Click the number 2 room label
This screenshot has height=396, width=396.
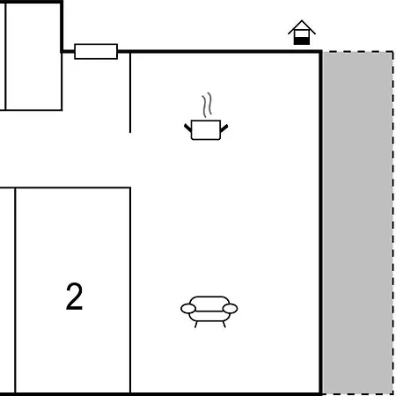[x=74, y=297]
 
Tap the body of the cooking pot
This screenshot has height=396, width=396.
[x=206, y=129]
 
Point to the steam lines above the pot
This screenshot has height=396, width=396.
[x=207, y=105]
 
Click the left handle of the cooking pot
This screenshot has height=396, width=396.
[x=187, y=128]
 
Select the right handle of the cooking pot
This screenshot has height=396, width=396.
[x=224, y=128]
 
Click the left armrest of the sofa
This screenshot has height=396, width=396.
[x=188, y=309]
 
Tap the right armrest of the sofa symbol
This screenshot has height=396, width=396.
[x=230, y=309]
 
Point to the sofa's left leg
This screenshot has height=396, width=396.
[x=196, y=324]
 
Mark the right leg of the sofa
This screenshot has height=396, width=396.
[x=224, y=324]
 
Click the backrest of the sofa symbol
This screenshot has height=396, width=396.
[x=209, y=300]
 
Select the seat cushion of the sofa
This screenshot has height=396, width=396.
[x=209, y=316]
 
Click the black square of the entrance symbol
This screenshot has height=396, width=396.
[x=302, y=41]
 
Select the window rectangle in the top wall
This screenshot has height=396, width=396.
[x=96, y=52]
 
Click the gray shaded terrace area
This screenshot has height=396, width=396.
[x=357, y=223]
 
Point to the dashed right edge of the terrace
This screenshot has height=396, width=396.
[x=392, y=223]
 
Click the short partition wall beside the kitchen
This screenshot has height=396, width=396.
[x=130, y=92]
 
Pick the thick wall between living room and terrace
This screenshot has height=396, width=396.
[x=321, y=223]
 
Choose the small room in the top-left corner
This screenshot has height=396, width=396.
[x=33, y=57]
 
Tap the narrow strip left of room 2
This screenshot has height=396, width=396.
[x=7, y=290]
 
